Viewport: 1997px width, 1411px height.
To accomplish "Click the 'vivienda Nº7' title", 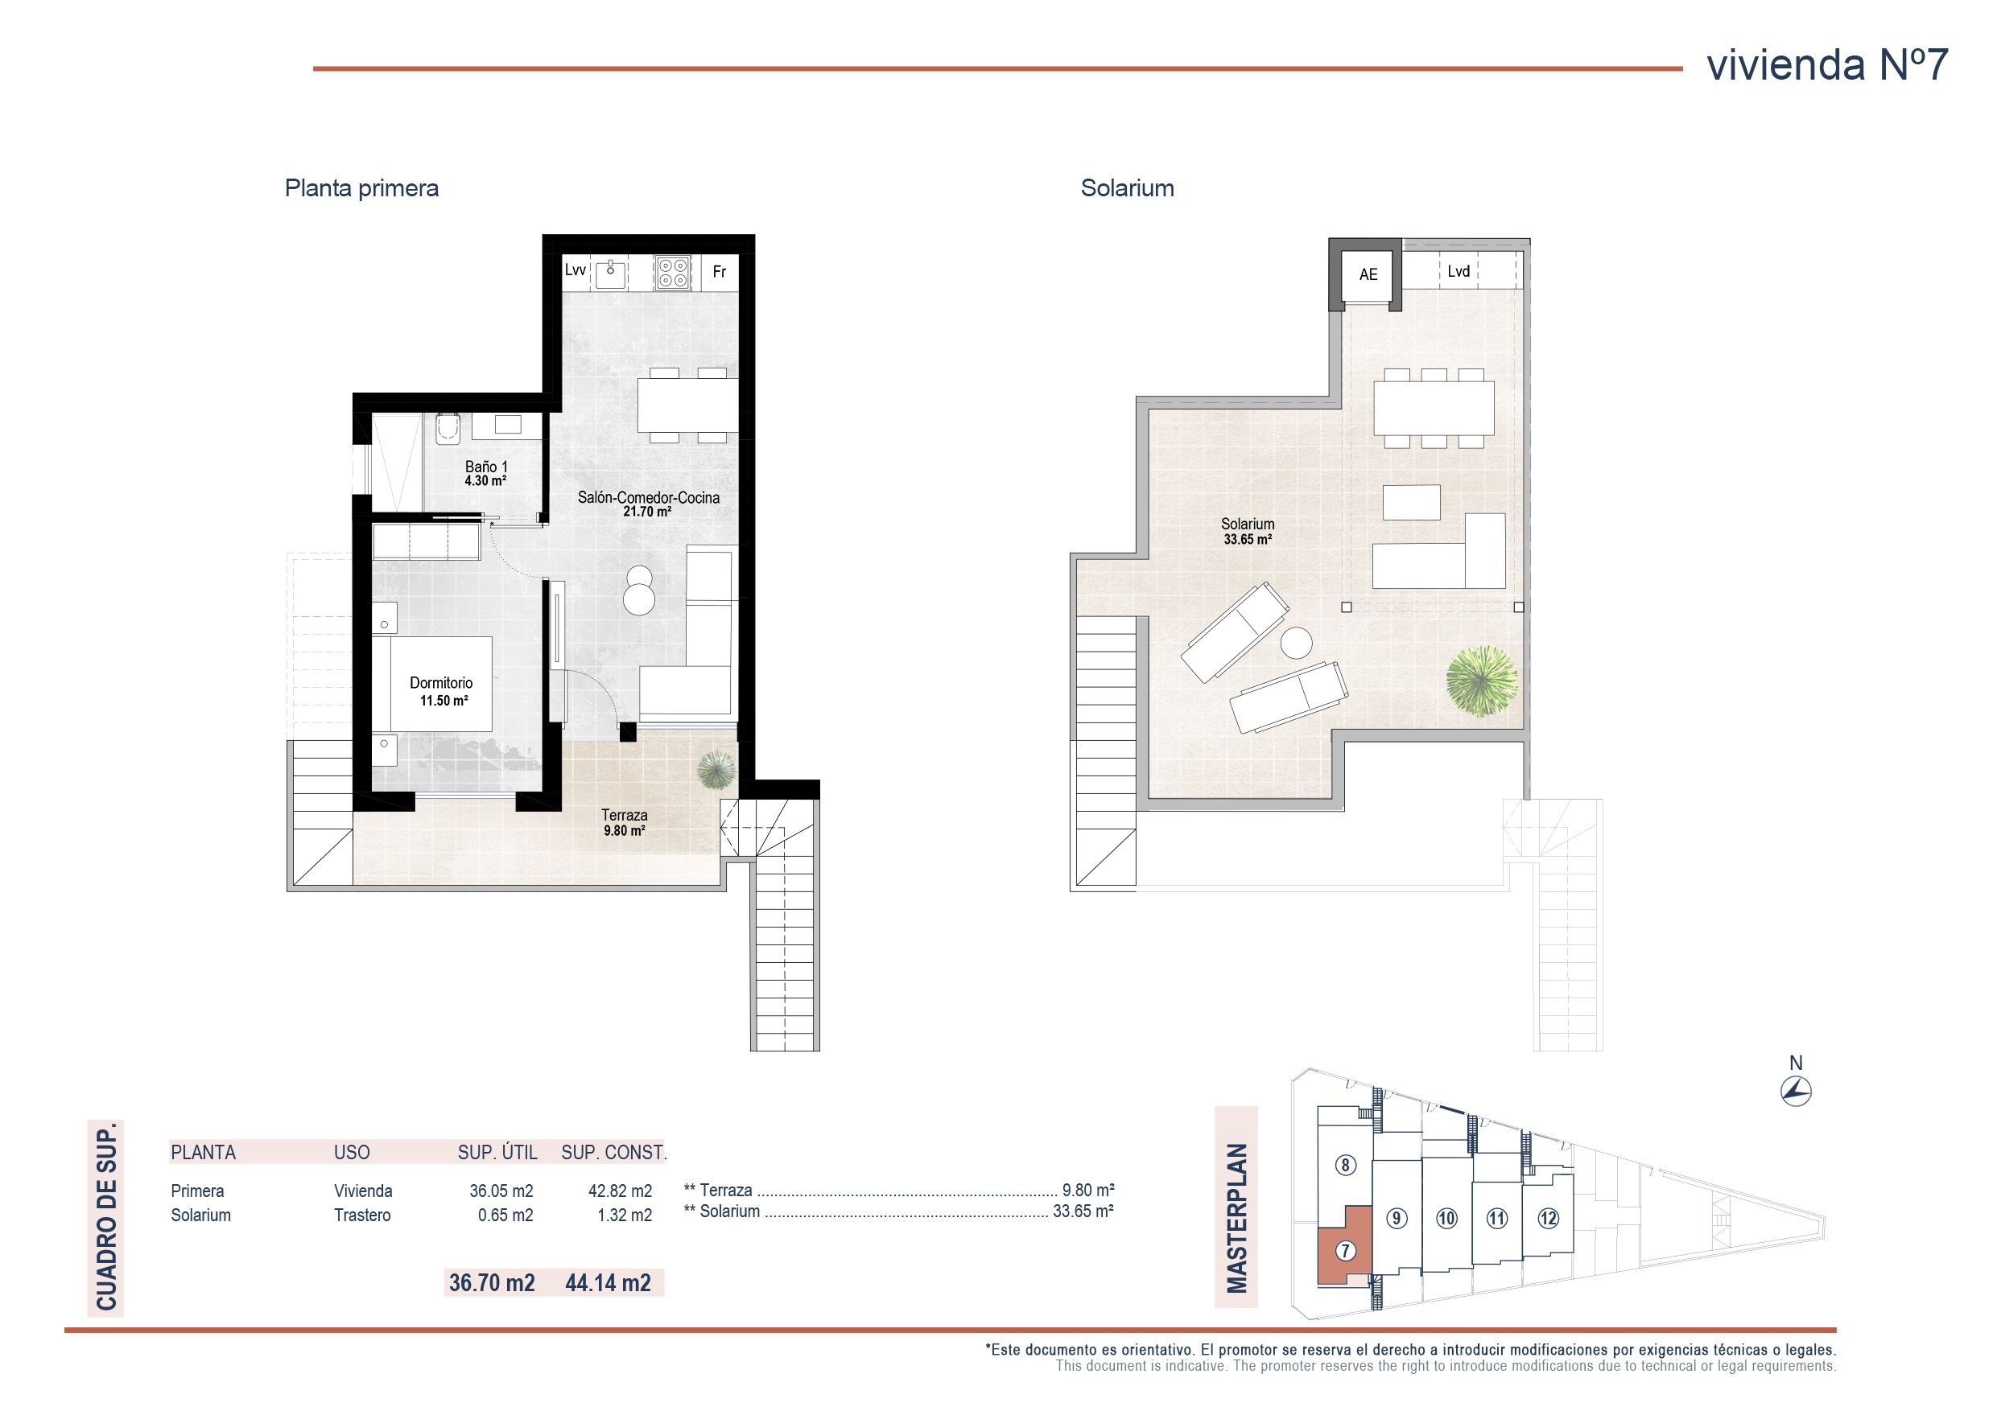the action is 1826,64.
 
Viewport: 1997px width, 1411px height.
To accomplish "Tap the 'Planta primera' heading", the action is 362,189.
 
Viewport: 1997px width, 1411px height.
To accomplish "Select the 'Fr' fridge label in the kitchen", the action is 720,272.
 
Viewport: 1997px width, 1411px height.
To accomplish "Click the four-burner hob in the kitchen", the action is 672,271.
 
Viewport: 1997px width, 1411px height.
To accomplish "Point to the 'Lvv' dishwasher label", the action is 575,270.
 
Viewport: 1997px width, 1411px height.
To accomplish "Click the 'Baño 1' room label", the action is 486,467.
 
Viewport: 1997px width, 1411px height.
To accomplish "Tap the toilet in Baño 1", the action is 447,428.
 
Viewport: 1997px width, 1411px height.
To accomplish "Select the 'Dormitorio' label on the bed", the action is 441,683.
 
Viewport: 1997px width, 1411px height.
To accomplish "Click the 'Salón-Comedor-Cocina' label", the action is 649,498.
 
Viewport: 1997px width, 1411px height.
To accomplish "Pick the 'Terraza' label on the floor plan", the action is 625,816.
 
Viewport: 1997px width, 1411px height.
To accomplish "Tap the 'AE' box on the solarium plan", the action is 1368,275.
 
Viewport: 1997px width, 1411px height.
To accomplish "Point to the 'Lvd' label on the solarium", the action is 1459,271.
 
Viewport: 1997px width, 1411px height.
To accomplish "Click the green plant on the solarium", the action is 1482,681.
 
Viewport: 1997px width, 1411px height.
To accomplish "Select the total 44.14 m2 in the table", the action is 608,1283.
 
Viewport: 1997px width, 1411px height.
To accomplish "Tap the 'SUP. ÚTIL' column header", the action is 497,1153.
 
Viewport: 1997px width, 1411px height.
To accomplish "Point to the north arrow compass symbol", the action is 1796,1091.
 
